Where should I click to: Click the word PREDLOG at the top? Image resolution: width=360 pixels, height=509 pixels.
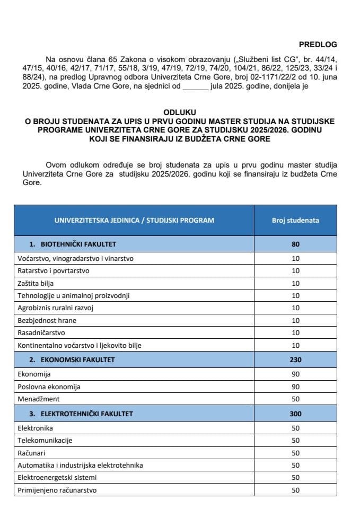pyautogui.click(x=318, y=45)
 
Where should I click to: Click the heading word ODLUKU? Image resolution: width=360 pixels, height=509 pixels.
pyautogui.click(x=180, y=112)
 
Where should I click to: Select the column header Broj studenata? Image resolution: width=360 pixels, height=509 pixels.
pyautogui.click(x=295, y=220)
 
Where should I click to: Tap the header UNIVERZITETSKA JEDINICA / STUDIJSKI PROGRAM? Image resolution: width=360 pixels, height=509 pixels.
pyautogui.click(x=135, y=220)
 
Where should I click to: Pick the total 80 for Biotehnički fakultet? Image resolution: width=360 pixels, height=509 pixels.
pyautogui.click(x=295, y=244)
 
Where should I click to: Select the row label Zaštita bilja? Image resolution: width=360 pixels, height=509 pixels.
pyautogui.click(x=36, y=283)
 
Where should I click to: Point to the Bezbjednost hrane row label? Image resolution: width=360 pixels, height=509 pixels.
pyautogui.click(x=46, y=320)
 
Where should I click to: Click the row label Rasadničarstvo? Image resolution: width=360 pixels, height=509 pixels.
pyautogui.click(x=41, y=333)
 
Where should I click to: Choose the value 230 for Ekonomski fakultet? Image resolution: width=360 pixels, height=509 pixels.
pyautogui.click(x=295, y=359)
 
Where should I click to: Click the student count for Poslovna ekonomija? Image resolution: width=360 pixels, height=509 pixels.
pyautogui.click(x=295, y=387)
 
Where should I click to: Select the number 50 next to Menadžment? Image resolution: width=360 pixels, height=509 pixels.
pyautogui.click(x=295, y=399)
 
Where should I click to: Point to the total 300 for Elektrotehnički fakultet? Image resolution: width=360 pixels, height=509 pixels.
pyautogui.click(x=295, y=413)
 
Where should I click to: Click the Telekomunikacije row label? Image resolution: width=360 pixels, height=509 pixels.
pyautogui.click(x=45, y=440)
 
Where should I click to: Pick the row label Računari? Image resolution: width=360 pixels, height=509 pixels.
pyautogui.click(x=33, y=453)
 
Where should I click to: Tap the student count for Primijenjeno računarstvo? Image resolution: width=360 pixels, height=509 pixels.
pyautogui.click(x=295, y=490)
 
